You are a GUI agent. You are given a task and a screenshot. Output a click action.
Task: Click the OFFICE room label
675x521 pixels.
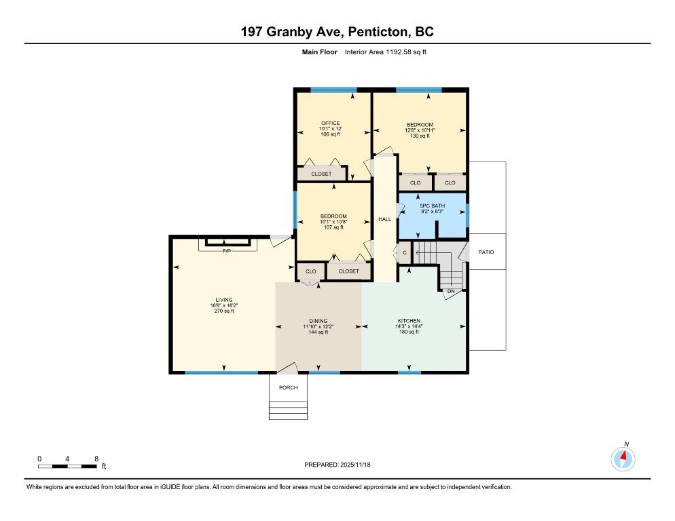(331, 123)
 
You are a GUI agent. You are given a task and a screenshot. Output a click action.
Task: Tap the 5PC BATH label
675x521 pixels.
(432, 206)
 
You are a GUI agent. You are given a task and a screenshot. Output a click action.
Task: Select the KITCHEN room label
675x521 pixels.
(409, 320)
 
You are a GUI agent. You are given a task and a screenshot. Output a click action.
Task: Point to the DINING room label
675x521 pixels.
(318, 320)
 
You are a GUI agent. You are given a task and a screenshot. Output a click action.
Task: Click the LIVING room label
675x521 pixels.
(224, 300)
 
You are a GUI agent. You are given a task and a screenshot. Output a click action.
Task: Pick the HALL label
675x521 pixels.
(385, 219)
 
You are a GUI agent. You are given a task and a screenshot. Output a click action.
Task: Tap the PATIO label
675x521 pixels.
(486, 252)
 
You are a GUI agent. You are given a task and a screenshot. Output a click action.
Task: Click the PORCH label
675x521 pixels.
(289, 387)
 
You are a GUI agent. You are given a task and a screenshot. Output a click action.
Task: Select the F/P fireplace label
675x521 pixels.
(226, 251)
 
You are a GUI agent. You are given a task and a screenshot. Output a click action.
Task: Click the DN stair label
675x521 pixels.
(451, 291)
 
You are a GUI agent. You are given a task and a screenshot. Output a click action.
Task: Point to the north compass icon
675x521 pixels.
(623, 459)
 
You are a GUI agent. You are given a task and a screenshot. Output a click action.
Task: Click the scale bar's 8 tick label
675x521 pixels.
(96, 459)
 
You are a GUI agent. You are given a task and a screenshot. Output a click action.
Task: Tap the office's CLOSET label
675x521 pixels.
(321, 174)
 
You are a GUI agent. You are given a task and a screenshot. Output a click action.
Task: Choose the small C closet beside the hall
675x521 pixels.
(405, 252)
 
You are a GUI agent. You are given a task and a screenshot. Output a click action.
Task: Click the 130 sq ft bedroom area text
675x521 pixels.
(420, 136)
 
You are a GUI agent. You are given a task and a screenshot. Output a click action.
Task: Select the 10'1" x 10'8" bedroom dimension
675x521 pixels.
(333, 222)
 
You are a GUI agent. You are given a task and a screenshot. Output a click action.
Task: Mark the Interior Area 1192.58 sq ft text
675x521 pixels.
(386, 52)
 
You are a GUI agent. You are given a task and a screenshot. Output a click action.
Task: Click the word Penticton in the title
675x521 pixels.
(378, 32)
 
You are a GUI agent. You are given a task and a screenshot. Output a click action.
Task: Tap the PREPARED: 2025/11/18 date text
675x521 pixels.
(337, 465)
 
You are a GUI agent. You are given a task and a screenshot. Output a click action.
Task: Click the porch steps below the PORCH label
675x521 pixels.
(289, 410)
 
